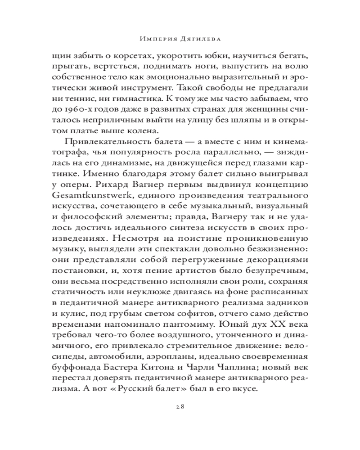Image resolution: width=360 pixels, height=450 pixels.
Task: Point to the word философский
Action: point(90,221)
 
